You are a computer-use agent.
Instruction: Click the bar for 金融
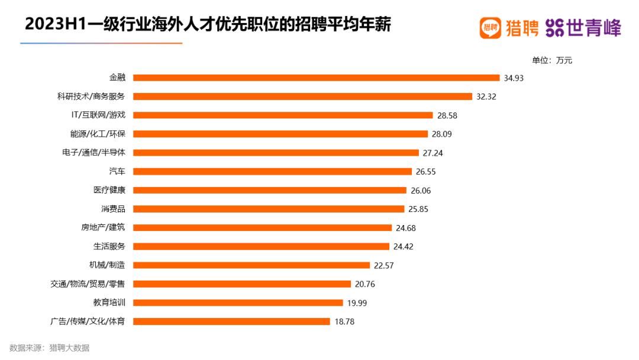317,78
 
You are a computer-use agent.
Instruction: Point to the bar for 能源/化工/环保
280,134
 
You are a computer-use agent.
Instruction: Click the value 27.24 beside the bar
433,153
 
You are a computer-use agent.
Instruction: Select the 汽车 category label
117,171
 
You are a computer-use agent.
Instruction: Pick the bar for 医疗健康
270,190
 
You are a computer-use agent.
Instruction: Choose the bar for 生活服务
262,246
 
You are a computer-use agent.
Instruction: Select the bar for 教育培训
238,303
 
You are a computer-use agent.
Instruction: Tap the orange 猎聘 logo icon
490,27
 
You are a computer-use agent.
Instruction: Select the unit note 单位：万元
552,60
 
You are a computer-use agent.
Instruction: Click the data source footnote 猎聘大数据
69,348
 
